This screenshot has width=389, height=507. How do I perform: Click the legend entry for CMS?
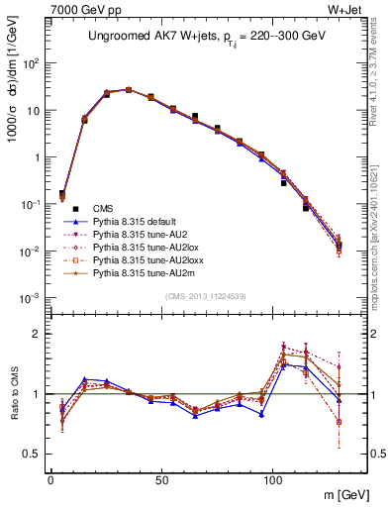[x=102, y=209]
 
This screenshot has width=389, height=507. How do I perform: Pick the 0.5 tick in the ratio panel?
[x=33, y=454]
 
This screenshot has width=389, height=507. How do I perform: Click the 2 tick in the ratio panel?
[x=39, y=334]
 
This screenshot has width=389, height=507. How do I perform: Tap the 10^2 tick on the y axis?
[x=32, y=63]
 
